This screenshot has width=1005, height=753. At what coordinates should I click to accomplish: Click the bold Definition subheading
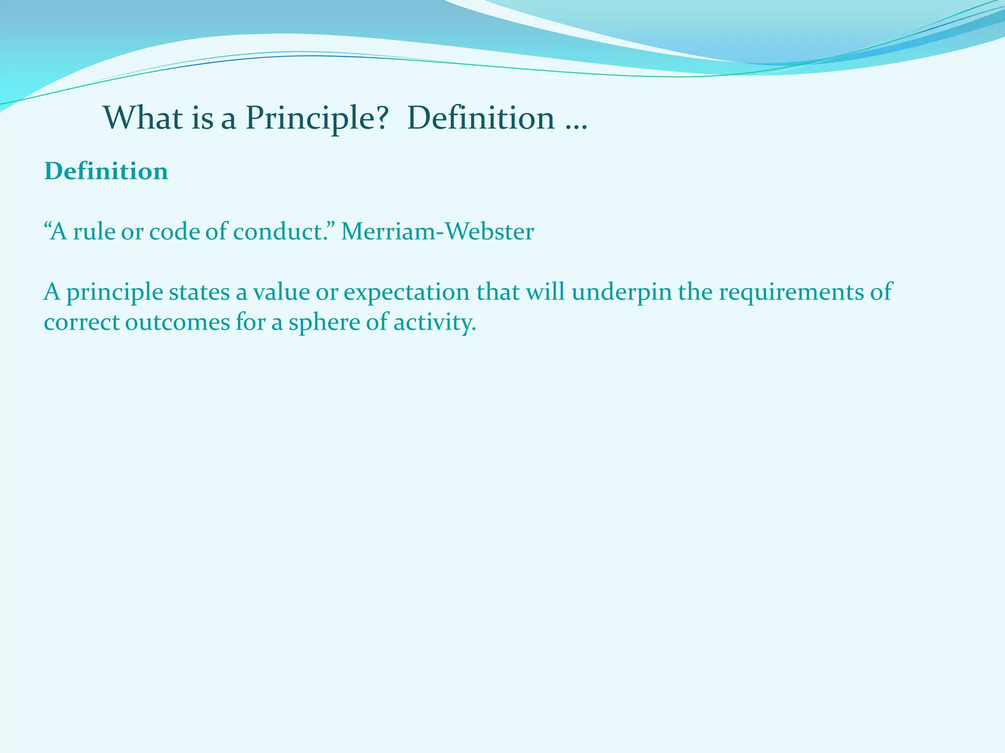point(106,172)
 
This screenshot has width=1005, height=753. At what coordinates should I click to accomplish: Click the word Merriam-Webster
point(437,232)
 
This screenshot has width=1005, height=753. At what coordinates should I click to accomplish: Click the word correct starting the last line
point(81,323)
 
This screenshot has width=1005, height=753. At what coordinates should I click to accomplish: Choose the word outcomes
point(178,323)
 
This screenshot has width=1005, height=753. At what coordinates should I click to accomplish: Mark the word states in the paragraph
point(199,293)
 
